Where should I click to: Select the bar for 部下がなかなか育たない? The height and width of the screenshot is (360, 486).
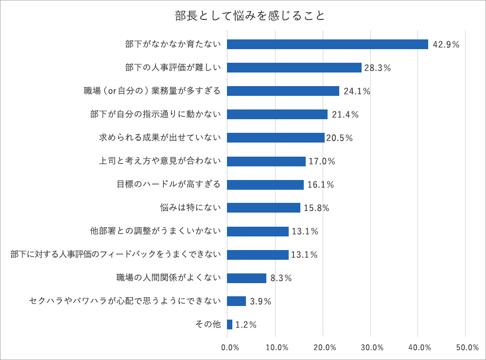327,44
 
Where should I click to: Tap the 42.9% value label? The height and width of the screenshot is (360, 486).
446,44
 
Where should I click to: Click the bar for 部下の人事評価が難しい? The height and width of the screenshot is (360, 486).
294,68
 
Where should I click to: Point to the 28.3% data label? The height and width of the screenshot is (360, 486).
377,68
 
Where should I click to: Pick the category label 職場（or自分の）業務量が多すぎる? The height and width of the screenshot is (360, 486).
152,91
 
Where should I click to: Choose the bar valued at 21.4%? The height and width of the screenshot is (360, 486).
277,114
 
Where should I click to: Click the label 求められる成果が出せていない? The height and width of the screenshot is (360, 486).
160,138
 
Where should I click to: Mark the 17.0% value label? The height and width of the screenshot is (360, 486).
322,162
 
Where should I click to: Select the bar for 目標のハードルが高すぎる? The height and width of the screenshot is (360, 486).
265,184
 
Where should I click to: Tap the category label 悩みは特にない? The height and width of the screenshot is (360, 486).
191,208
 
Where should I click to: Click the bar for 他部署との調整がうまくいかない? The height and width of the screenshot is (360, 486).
258,231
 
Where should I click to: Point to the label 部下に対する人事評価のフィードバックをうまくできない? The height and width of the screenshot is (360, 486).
116,254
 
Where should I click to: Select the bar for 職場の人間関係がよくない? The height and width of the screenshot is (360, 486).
246,278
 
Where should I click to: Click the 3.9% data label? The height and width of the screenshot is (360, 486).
260,302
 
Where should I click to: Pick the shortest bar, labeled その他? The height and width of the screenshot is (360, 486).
229,324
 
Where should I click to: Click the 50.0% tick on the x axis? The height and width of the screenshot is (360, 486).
467,348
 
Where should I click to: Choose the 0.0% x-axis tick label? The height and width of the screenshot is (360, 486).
229,348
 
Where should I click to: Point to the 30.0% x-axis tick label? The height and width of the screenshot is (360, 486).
372,348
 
